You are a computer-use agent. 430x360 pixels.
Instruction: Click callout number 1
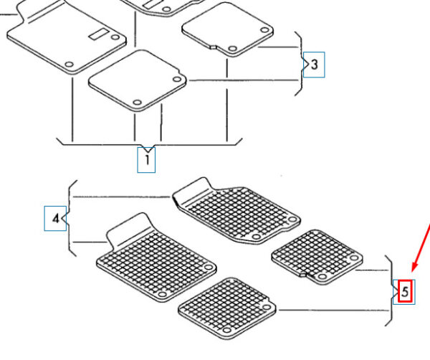pyautogui.click(x=147, y=160)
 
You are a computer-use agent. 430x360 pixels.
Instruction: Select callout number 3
pyautogui.click(x=315, y=65)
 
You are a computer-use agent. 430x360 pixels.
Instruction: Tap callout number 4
pyautogui.click(x=56, y=219)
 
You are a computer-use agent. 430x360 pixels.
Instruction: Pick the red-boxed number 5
pyautogui.click(x=405, y=291)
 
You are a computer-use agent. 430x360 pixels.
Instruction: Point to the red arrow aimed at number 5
pyautogui.click(x=420, y=247)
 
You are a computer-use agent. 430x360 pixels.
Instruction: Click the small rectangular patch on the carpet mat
pyautogui.click(x=98, y=34)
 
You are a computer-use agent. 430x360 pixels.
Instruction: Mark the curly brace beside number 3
pyautogui.click(x=300, y=64)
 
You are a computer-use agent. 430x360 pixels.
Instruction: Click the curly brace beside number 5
pyautogui.click(x=391, y=291)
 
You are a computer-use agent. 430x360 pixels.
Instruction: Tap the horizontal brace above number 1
pyautogui.click(x=150, y=144)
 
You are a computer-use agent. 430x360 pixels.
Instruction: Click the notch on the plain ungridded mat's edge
pyautogui.click(x=213, y=47)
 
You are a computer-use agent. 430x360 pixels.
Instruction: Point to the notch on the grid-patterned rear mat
pyautogui.click(x=303, y=274)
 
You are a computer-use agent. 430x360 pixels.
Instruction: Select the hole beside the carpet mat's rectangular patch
pyautogui.click(x=115, y=37)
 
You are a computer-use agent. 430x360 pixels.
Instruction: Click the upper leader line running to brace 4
pyautogui.click(x=122, y=196)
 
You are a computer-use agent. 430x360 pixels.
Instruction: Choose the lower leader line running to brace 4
pyautogui.click(x=90, y=242)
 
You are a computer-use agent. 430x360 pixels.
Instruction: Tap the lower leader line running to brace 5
pyautogui.click(x=333, y=311)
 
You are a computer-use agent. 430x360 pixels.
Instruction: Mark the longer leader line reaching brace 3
pyautogui.click(x=244, y=80)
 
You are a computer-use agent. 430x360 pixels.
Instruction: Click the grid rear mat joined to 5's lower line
pyautogui.click(x=226, y=308)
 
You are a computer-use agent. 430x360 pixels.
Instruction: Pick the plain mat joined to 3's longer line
pyautogui.click(x=138, y=80)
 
